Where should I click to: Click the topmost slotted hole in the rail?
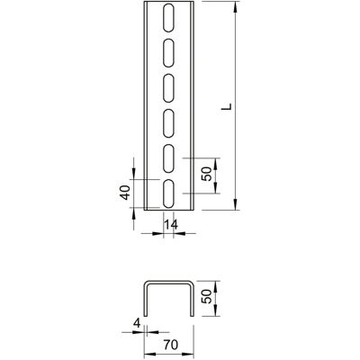pos(168,18)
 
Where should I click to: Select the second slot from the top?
pos(168,53)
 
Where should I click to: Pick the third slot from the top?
pos(168,88)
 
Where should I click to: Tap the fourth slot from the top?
pos(168,123)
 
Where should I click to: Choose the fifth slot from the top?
pos(168,158)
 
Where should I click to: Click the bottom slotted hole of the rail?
pos(168,193)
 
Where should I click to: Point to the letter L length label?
pos(228,106)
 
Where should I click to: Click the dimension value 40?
pos(125,193)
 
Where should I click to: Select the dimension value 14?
pos(170,224)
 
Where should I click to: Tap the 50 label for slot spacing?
pos(207,174)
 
